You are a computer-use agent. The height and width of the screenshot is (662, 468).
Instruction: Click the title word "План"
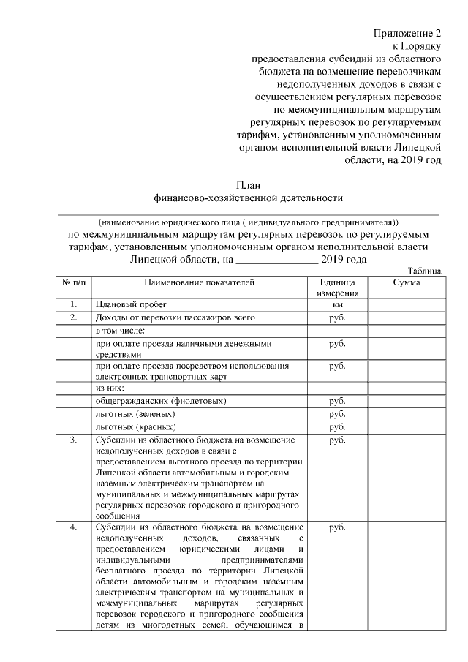coord(248,184)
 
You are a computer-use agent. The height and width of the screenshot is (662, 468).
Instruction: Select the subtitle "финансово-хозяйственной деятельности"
coord(248,197)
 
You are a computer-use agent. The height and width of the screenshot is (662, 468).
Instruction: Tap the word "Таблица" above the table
coord(423,270)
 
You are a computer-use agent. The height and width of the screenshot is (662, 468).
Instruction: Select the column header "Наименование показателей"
coord(198,282)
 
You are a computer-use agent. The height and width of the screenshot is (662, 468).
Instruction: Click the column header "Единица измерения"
coord(338,287)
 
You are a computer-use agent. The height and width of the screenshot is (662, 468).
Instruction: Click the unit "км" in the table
coord(338,304)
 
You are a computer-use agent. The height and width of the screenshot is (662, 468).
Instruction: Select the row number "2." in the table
coord(73,317)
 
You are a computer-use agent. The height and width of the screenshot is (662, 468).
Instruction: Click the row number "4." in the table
coord(73,527)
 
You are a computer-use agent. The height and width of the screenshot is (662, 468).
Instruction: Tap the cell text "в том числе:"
coord(120,330)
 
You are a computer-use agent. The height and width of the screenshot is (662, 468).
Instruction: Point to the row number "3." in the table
coord(73,440)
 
